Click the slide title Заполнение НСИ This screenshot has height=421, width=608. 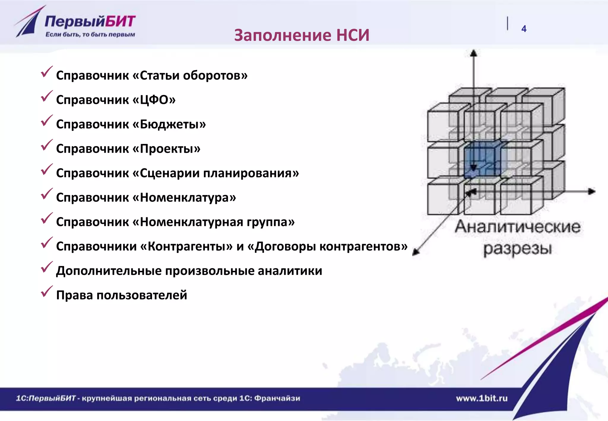coord(302,35)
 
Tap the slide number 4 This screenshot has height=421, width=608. coord(524,29)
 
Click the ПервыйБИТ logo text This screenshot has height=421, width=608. coord(90,22)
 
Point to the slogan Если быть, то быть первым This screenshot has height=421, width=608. coord(90,35)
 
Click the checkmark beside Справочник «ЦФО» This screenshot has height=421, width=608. coord(47,96)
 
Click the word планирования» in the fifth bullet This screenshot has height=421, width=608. coord(251,173)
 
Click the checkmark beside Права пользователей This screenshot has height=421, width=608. coord(47,291)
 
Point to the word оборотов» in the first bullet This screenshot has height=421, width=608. coord(215,75)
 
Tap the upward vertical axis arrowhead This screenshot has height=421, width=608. coord(474,53)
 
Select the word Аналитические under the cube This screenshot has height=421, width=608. coord(517,227)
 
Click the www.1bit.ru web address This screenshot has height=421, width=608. coord(482,398)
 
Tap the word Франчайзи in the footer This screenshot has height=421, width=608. coord(277,398)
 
